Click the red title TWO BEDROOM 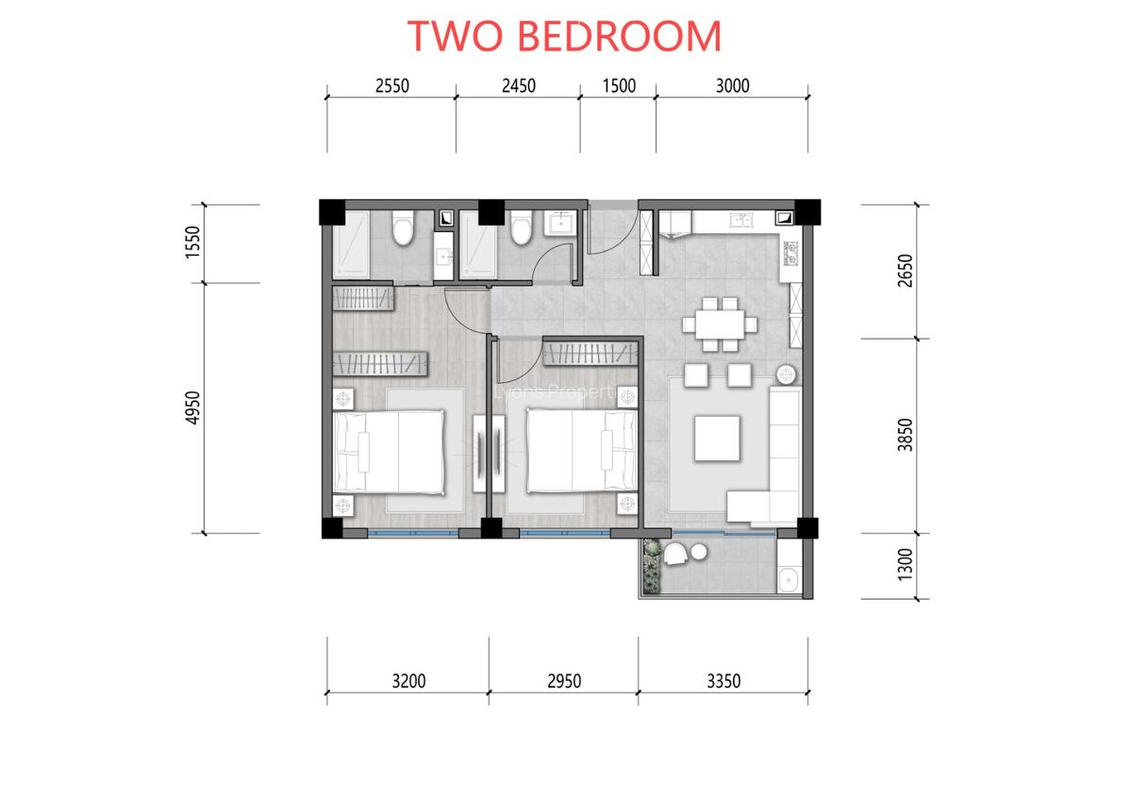pos(564,36)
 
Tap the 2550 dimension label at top pos(391,86)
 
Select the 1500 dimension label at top pos(618,86)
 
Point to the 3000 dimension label pos(732,86)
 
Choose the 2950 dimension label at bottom pos(564,680)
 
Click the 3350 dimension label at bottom pos(724,680)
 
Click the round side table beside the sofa pos(785,374)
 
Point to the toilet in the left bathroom pos(403,228)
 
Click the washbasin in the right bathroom pos(561,223)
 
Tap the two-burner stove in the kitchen pos(791,256)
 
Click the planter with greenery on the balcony pos(650,566)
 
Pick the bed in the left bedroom pos(390,452)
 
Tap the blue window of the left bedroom pos(412,534)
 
